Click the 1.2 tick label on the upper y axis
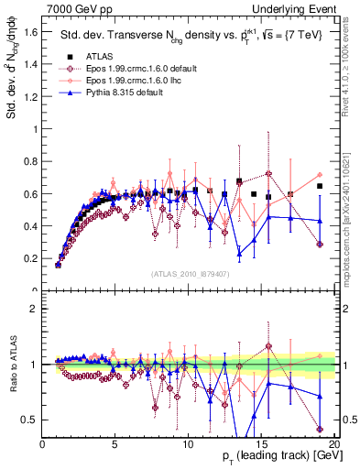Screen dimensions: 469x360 [30, 96]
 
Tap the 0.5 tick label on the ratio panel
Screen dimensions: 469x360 [30, 420]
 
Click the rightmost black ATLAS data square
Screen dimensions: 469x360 [319, 187]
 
